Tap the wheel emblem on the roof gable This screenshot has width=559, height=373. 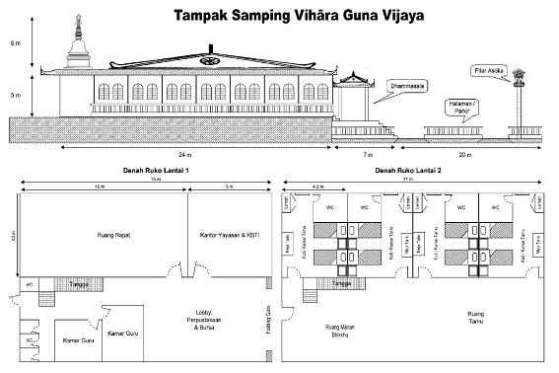tap(207, 60)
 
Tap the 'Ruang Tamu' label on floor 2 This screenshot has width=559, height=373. tap(480, 315)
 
